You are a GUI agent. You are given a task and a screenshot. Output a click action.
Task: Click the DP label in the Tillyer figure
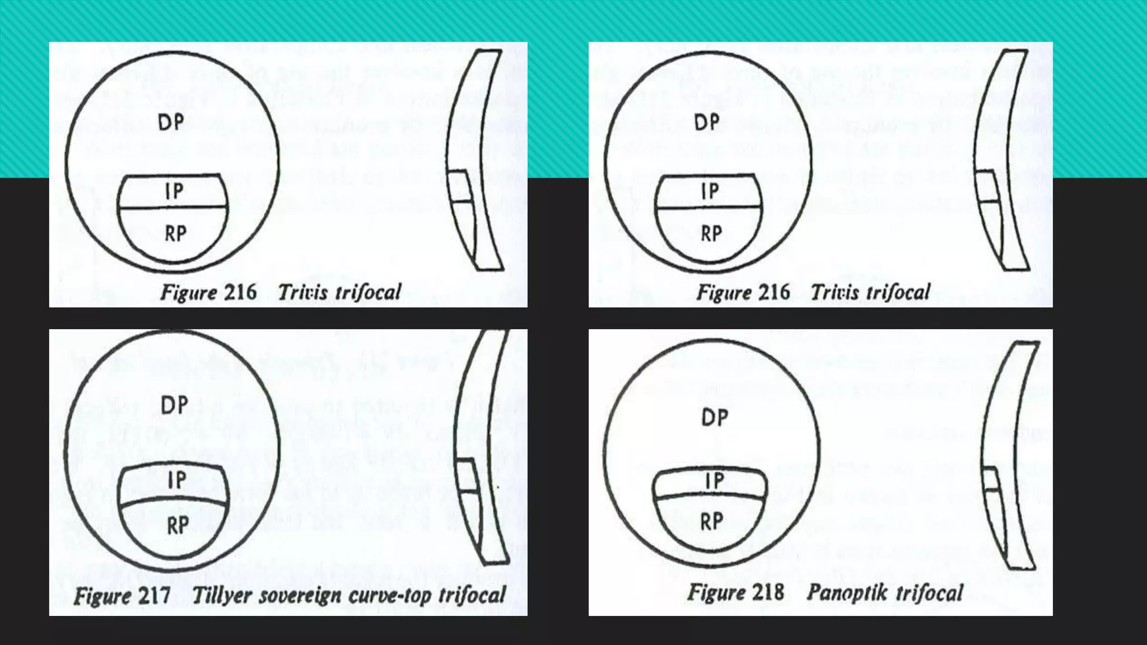coord(174,405)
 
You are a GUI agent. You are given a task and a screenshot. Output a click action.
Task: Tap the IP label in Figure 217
coord(177,480)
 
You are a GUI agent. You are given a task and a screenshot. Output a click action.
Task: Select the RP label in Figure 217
coord(178,526)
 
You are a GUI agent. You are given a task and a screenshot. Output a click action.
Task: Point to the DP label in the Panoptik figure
coord(715,418)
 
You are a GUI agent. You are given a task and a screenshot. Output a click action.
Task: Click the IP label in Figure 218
coord(715,481)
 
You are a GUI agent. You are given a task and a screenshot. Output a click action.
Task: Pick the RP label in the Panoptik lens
coord(712,522)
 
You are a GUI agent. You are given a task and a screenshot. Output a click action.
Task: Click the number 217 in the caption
coord(153,595)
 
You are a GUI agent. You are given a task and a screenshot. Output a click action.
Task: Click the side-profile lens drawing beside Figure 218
coord(1008,454)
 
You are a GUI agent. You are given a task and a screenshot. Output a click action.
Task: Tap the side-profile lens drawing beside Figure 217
coord(482,448)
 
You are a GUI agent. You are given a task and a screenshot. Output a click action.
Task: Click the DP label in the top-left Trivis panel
coord(171,122)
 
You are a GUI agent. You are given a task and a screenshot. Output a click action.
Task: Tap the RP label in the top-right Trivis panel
coord(712,233)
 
